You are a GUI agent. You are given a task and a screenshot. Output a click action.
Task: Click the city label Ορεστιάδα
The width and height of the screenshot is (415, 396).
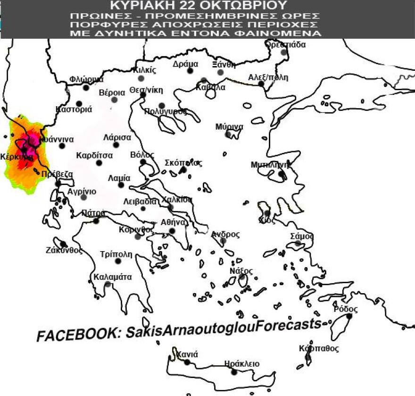coord(285,45)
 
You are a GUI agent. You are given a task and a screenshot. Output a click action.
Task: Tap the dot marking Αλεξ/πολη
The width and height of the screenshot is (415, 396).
coord(261,84)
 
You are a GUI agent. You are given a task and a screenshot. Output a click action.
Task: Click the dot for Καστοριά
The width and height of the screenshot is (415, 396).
coord(79,103)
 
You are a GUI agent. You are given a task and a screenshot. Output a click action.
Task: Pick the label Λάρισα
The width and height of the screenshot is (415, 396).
coord(117,138)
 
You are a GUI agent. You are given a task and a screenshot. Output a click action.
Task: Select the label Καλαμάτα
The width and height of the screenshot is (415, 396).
coord(113,277)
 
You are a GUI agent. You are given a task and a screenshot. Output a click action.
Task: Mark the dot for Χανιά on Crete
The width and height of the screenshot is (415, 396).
coord(187,362)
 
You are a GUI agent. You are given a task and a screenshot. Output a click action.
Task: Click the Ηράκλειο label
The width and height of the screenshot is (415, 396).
coord(242,364)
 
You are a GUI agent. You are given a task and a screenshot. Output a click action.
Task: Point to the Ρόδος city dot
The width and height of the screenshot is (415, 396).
coord(349,316)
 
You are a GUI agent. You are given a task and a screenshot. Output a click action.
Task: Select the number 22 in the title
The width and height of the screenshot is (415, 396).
coord(188,5)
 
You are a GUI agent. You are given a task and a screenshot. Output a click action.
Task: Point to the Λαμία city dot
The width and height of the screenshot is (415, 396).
coord(121,185)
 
